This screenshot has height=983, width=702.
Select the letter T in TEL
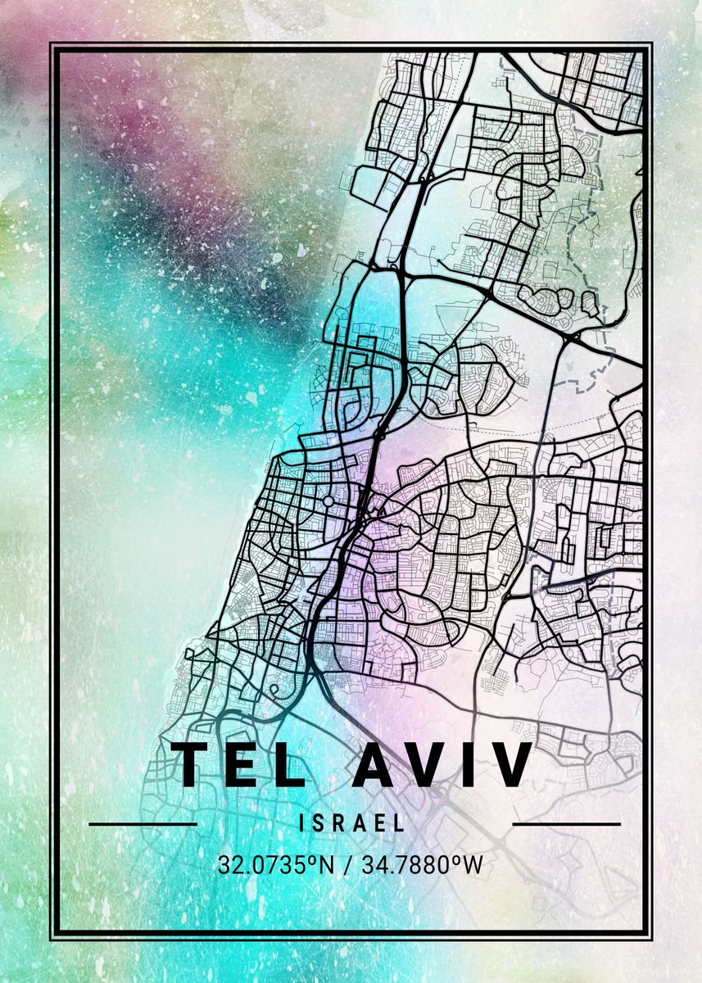192,764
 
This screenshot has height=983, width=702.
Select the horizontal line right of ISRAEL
566,823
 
